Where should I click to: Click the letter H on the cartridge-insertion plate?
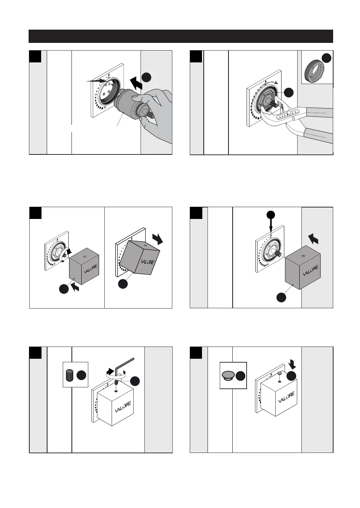104,108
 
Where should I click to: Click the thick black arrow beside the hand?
136,83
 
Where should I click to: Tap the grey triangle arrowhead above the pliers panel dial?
277,82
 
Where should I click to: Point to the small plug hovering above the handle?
279,373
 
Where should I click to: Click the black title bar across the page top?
181,36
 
